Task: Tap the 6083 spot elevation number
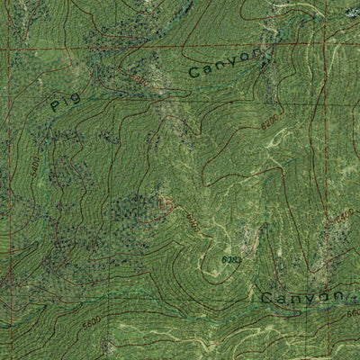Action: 231,259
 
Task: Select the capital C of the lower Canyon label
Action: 267,298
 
